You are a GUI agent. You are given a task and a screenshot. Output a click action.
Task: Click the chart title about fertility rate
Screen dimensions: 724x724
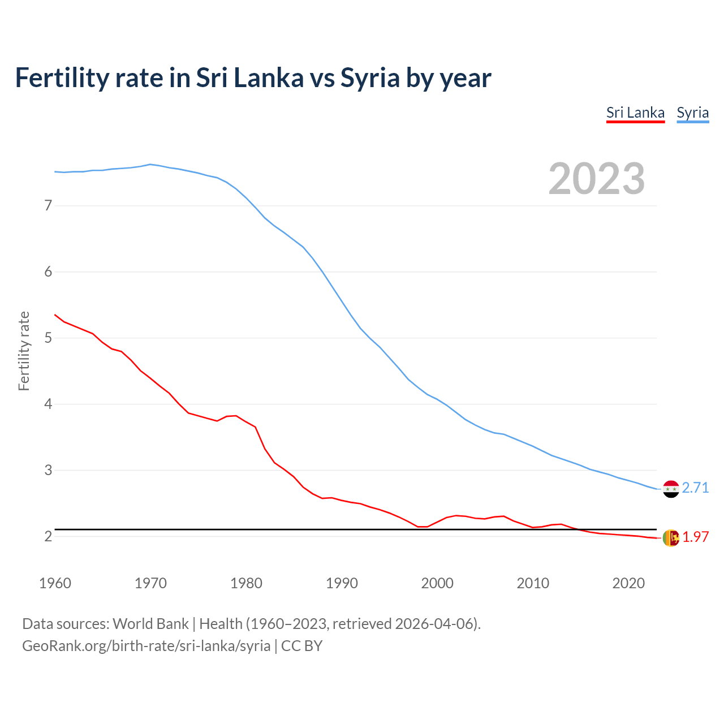[253, 78]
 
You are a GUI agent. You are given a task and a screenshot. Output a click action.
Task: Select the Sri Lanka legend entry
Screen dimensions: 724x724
[635, 113]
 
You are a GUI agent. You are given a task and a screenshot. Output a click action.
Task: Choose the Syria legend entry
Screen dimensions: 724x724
[692, 113]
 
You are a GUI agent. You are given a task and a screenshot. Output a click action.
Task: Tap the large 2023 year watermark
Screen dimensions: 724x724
[596, 179]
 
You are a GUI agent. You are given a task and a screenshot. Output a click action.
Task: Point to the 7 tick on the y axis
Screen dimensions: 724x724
[48, 205]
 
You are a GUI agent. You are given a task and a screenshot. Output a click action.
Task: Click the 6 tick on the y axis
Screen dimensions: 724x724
[48, 271]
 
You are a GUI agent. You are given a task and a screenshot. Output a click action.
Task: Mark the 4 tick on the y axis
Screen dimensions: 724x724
[48, 404]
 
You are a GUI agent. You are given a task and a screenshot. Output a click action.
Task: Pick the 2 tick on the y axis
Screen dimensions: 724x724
[48, 536]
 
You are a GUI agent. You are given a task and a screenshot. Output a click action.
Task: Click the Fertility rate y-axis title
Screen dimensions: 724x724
[24, 351]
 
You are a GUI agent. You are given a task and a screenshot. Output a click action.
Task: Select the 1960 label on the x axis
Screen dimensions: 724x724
[55, 583]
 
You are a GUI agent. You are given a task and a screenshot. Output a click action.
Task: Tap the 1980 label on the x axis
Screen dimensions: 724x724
[246, 583]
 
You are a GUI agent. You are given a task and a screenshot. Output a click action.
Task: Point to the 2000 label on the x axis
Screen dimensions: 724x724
[437, 583]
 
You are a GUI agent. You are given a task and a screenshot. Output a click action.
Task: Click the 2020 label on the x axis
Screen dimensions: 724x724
[628, 583]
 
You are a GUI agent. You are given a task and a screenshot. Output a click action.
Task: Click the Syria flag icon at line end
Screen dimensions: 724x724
[671, 489]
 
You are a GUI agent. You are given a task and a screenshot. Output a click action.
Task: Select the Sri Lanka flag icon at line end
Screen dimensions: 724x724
[671, 538]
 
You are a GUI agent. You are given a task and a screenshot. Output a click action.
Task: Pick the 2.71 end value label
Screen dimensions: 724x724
[695, 488]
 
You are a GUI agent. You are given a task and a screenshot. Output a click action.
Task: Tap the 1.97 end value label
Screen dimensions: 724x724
[695, 537]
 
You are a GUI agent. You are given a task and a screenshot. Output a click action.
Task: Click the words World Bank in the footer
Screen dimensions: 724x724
[150, 624]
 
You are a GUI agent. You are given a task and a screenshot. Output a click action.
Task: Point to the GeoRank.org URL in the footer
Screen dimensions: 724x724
[146, 646]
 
